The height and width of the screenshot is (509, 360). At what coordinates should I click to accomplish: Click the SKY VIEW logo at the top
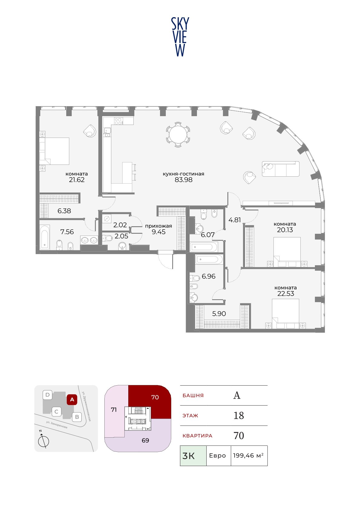180,37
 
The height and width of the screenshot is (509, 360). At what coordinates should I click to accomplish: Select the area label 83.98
183,180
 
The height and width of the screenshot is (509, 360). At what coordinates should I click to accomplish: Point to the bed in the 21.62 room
54,151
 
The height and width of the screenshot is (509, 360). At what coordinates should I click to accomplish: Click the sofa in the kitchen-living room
280,169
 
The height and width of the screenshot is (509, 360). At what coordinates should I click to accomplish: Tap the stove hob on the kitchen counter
119,121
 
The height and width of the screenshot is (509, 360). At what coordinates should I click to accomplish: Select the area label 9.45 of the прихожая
159,232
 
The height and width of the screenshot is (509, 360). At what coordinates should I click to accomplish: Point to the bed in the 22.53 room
286,314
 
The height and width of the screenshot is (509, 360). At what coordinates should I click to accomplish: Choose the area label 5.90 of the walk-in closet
219,314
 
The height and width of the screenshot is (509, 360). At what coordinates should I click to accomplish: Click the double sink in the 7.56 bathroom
89,240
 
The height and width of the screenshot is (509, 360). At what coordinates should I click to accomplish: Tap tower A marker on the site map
72,400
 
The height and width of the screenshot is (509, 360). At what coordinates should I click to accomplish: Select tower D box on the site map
47,395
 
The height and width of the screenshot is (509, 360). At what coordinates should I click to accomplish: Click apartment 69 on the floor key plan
146,440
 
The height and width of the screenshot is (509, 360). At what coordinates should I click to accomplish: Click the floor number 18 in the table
239,416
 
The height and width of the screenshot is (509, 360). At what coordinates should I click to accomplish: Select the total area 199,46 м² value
248,455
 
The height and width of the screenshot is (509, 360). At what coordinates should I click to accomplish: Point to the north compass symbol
43,442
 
